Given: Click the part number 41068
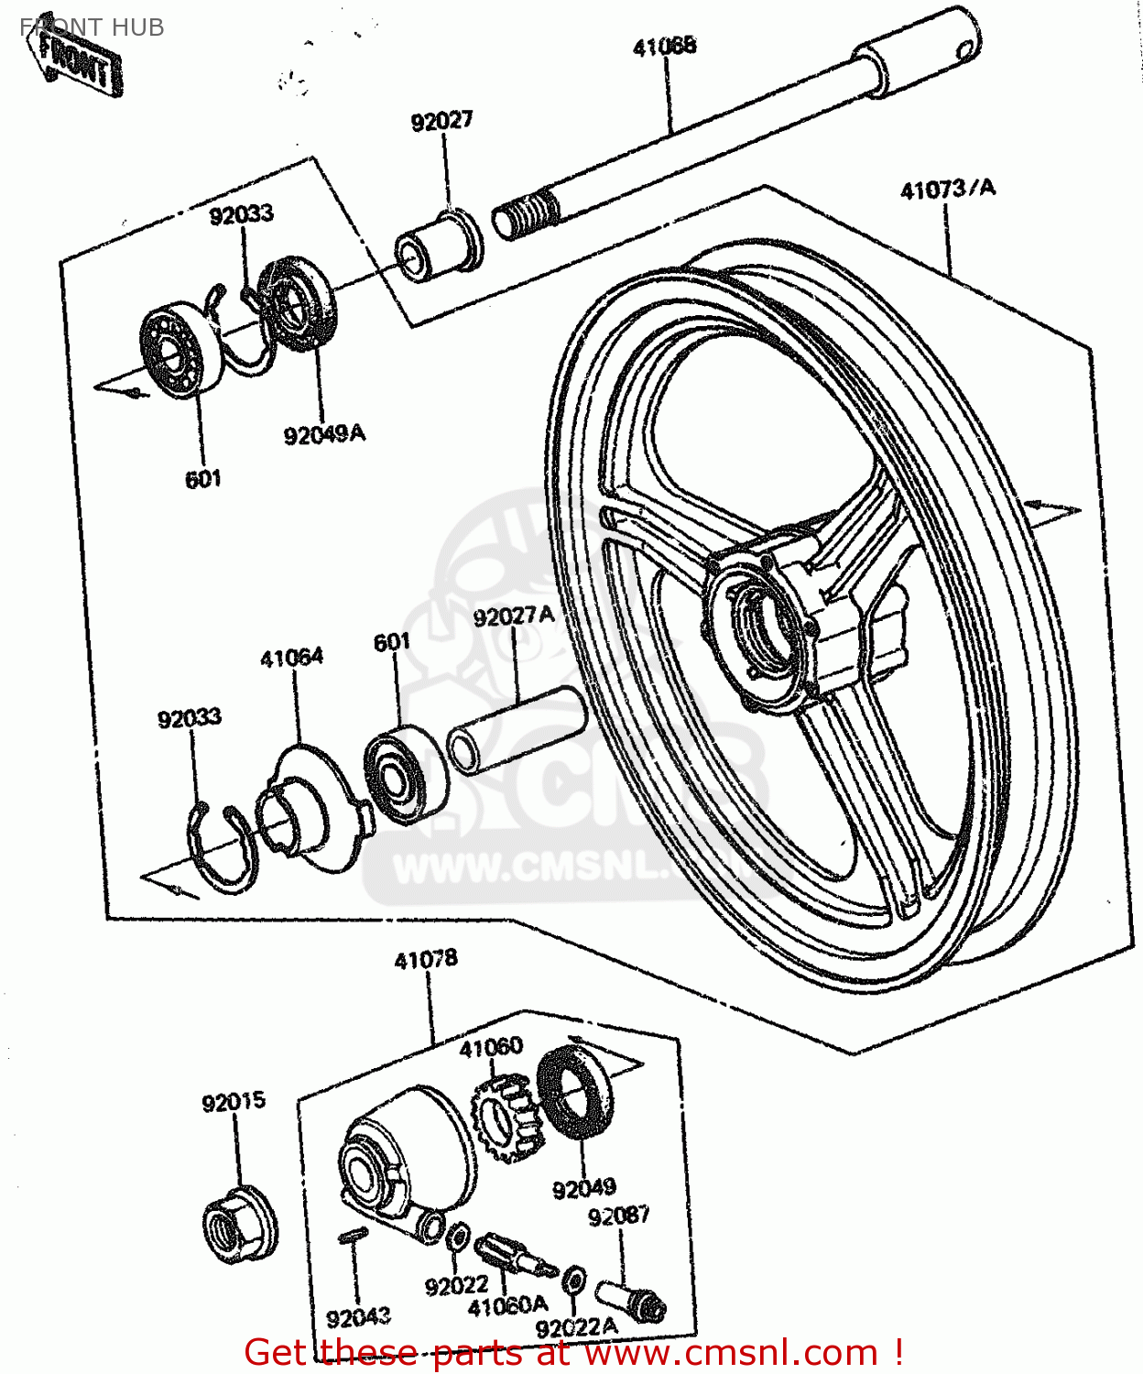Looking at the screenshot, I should click(664, 46).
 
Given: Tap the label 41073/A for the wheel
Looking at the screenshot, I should click(947, 190).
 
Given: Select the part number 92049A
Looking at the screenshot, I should click(324, 433).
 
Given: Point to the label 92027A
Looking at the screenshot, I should click(514, 616).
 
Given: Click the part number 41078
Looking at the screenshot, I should click(426, 960).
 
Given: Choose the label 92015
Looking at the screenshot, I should click(234, 1102).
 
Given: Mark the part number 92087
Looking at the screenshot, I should click(619, 1216).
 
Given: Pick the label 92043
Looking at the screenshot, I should click(358, 1318).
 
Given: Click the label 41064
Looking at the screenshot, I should click(291, 658).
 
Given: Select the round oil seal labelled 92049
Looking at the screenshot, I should click(574, 1091).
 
